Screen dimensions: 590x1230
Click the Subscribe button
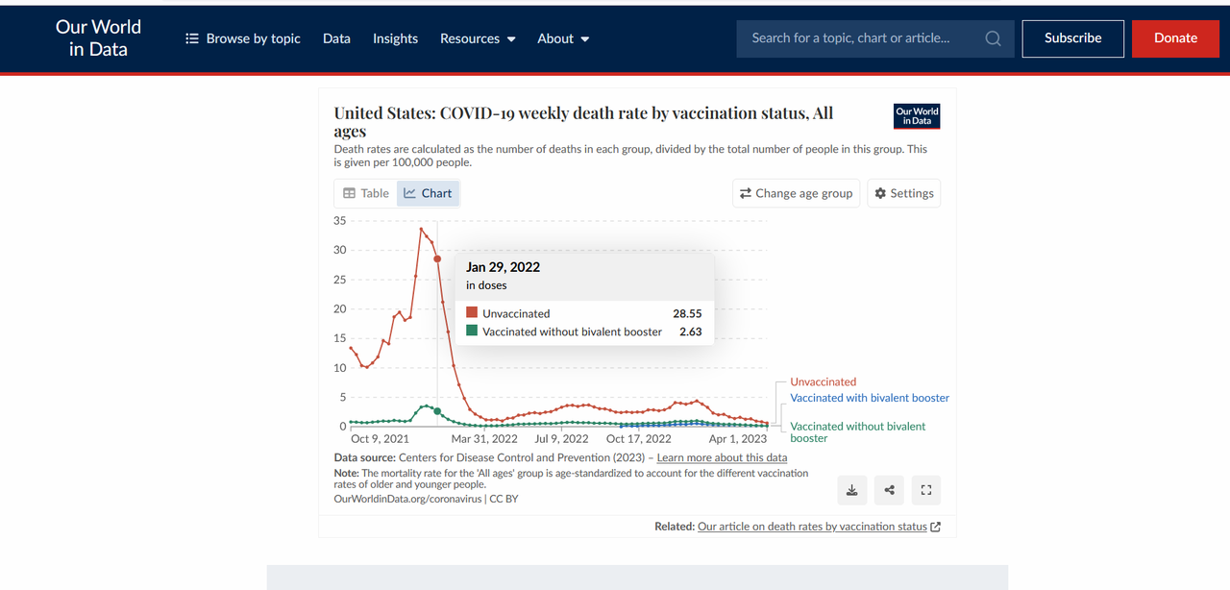click(x=1072, y=38)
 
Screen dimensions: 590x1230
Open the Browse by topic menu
click(x=242, y=38)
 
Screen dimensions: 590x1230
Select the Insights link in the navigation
click(x=395, y=38)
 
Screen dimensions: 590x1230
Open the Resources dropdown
click(x=478, y=38)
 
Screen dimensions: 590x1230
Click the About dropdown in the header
click(x=563, y=38)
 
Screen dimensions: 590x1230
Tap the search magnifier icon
click(x=993, y=38)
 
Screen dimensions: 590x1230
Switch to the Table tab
click(x=366, y=193)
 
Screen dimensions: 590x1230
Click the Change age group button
click(x=796, y=193)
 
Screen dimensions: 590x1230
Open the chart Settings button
click(x=903, y=193)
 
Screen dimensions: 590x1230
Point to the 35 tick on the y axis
click(x=340, y=221)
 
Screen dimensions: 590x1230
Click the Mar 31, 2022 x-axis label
click(x=484, y=439)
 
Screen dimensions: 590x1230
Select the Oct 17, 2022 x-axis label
click(x=639, y=439)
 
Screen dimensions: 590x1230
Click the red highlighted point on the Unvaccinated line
click(x=437, y=258)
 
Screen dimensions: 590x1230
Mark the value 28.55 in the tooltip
click(x=687, y=313)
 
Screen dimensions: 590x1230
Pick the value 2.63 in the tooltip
click(x=690, y=332)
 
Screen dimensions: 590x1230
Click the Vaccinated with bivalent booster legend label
click(x=870, y=398)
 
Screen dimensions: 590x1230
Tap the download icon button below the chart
click(x=851, y=490)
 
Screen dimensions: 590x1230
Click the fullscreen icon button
click(x=926, y=490)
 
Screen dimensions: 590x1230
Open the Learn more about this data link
click(x=722, y=457)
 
